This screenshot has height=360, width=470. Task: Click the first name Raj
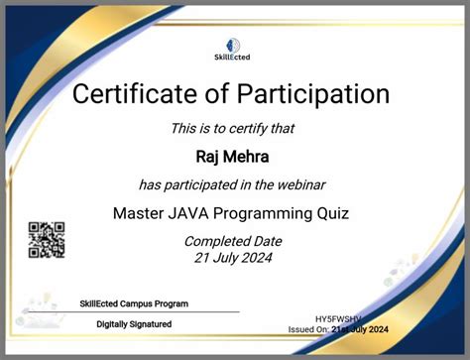point(211,155)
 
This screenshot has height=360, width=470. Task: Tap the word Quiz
point(332,212)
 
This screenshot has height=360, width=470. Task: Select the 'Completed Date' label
point(233,241)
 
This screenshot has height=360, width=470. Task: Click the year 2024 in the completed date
point(256,258)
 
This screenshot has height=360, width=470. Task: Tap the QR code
point(46,239)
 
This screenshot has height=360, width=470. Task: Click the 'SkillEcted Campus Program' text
point(133,303)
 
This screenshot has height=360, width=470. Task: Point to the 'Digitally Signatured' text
point(134,324)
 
